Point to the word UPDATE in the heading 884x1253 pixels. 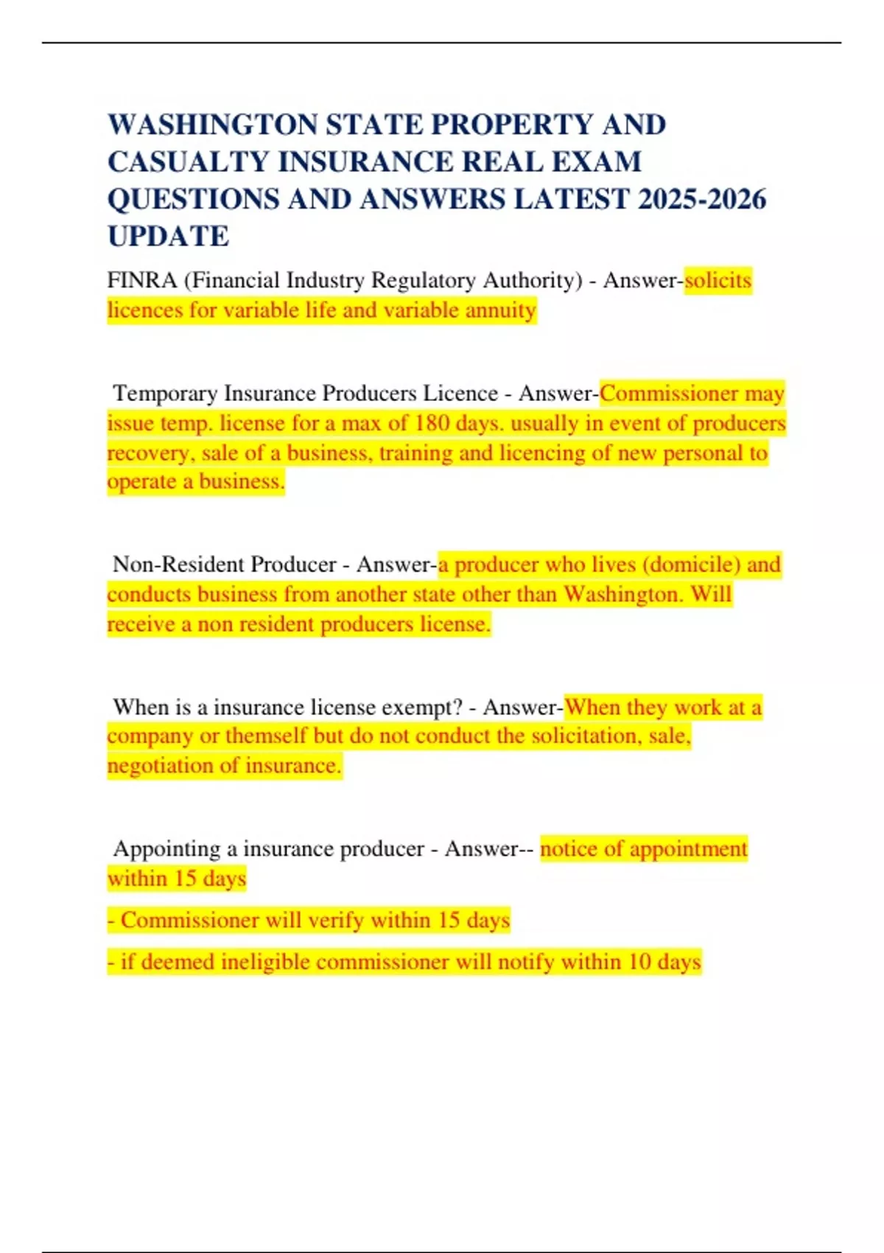[168, 237]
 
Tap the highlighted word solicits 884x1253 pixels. [718, 281]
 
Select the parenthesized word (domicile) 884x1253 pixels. [691, 565]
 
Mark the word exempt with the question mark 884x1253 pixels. [422, 708]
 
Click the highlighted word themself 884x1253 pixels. [266, 736]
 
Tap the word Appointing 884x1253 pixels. [166, 849]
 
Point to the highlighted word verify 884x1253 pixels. [336, 921]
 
